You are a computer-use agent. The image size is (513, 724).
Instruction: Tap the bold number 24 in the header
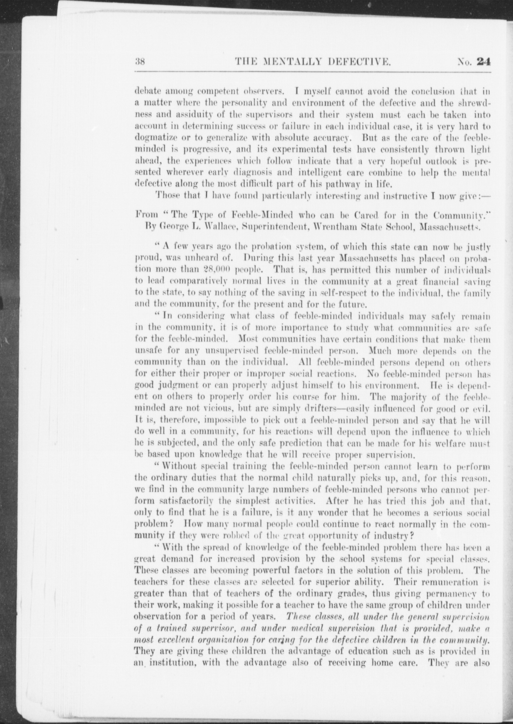pyautogui.click(x=484, y=62)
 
